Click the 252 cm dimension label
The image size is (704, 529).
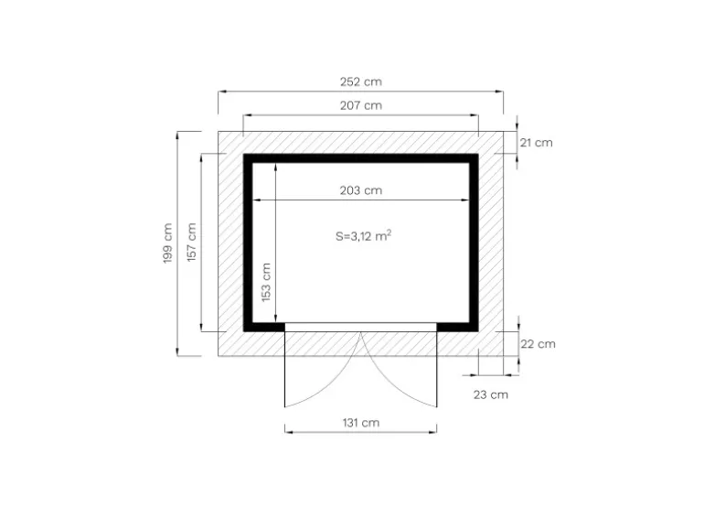pyautogui.click(x=360, y=81)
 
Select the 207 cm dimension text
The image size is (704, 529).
pyautogui.click(x=360, y=105)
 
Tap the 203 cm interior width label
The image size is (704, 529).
pyautogui.click(x=360, y=190)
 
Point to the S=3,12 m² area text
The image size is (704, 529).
pyautogui.click(x=363, y=235)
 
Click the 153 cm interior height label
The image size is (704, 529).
pyautogui.click(x=266, y=282)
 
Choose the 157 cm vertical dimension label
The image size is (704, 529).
pyautogui.click(x=191, y=243)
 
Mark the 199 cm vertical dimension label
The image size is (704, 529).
pyautogui.click(x=167, y=243)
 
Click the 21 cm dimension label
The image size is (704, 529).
pyautogui.click(x=536, y=143)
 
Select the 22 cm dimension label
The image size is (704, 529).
pyautogui.click(x=538, y=344)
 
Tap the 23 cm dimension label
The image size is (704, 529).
pyautogui.click(x=491, y=395)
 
